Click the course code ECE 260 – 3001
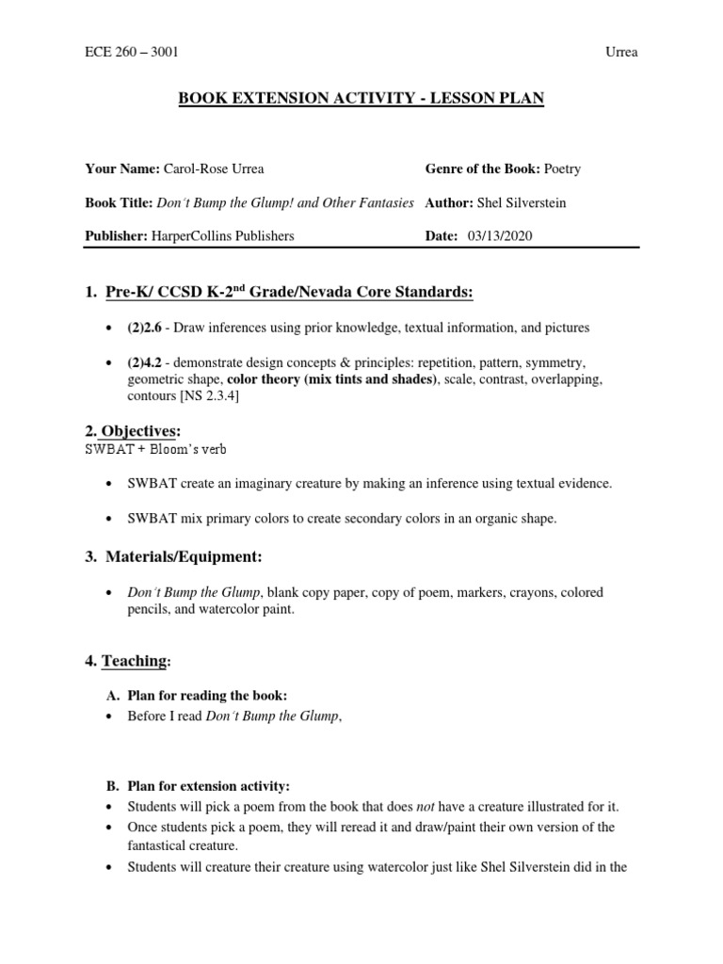click(131, 52)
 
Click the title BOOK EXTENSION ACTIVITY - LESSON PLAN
click(361, 97)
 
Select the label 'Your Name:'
click(122, 169)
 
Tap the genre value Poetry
click(562, 169)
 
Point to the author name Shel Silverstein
click(523, 202)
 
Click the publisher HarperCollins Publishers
click(222, 235)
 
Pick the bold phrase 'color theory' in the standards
click(267, 379)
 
